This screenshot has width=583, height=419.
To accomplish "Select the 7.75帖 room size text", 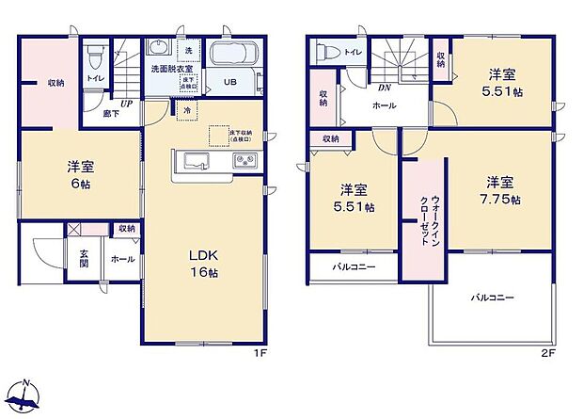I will click(499, 190).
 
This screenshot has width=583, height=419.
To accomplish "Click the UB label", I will click(229, 82).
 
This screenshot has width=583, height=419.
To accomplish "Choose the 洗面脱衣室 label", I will click(169, 68).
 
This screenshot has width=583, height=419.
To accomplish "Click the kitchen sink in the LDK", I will click(195, 163).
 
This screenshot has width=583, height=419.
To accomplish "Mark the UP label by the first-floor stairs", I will click(125, 105).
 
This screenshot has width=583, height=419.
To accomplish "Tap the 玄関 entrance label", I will click(84, 257).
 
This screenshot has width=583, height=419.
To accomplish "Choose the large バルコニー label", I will click(493, 298).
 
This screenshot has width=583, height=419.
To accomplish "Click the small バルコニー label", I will click(354, 266).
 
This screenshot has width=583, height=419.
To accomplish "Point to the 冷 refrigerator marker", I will click(187, 111).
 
